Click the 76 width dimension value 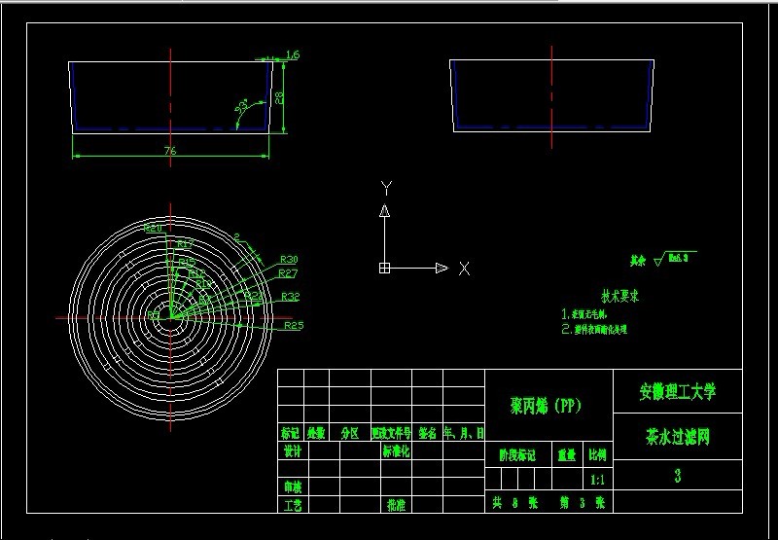(169, 150)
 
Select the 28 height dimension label (279, 97)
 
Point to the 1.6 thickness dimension (293, 55)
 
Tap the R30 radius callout (289, 259)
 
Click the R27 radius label (289, 274)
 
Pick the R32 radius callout (290, 296)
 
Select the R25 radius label (294, 325)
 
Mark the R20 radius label (153, 228)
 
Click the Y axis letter (386, 186)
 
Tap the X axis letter (464, 269)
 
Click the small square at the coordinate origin (385, 268)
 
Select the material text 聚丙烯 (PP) (546, 406)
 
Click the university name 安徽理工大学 (677, 392)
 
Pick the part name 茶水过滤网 (677, 438)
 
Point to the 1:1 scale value (598, 480)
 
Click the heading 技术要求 (619, 295)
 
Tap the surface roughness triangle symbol (659, 260)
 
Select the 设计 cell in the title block (291, 451)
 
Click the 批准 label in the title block (396, 505)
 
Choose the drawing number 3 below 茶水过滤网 (677, 476)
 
